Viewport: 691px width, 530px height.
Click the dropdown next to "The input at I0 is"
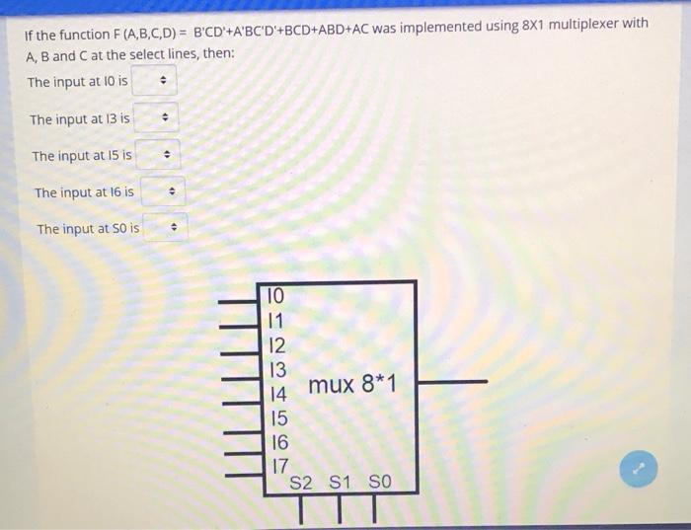point(154,81)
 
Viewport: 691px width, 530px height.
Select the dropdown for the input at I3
point(156,118)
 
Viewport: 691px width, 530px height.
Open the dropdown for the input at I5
point(158,155)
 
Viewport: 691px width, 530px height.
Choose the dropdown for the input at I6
point(162,191)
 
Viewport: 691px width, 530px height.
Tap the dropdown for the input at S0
point(165,229)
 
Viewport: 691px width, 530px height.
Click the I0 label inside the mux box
point(275,295)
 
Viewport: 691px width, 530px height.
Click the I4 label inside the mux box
point(277,393)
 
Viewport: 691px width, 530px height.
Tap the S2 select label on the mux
point(301,483)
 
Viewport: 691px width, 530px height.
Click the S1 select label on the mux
point(340,483)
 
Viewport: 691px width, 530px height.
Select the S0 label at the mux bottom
point(379,483)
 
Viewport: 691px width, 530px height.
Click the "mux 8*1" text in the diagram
point(351,384)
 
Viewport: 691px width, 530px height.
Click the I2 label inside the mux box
point(277,344)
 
